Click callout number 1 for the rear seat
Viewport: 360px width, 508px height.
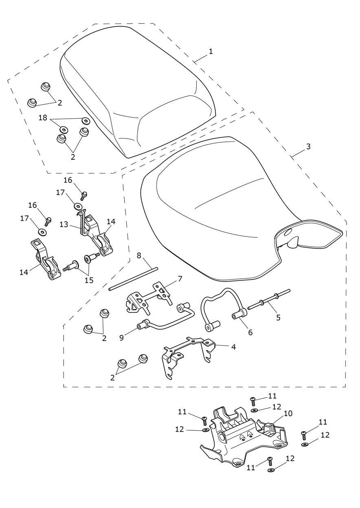[x=211, y=52]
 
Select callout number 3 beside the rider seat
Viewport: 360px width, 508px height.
[x=308, y=146]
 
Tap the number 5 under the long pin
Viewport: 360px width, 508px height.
[x=278, y=317]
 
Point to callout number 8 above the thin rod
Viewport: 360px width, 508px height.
[x=139, y=255]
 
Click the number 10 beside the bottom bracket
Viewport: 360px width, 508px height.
[x=288, y=414]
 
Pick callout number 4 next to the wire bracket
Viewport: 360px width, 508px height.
[x=233, y=347]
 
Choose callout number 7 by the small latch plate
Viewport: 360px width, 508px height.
[x=180, y=279]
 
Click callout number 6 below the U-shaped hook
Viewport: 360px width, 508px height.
[x=250, y=332]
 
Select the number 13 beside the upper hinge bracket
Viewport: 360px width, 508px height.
[x=63, y=224]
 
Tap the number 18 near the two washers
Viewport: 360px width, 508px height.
[x=43, y=117]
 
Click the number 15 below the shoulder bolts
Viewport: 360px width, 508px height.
[x=88, y=280]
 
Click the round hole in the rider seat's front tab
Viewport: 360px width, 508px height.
[x=288, y=232]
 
